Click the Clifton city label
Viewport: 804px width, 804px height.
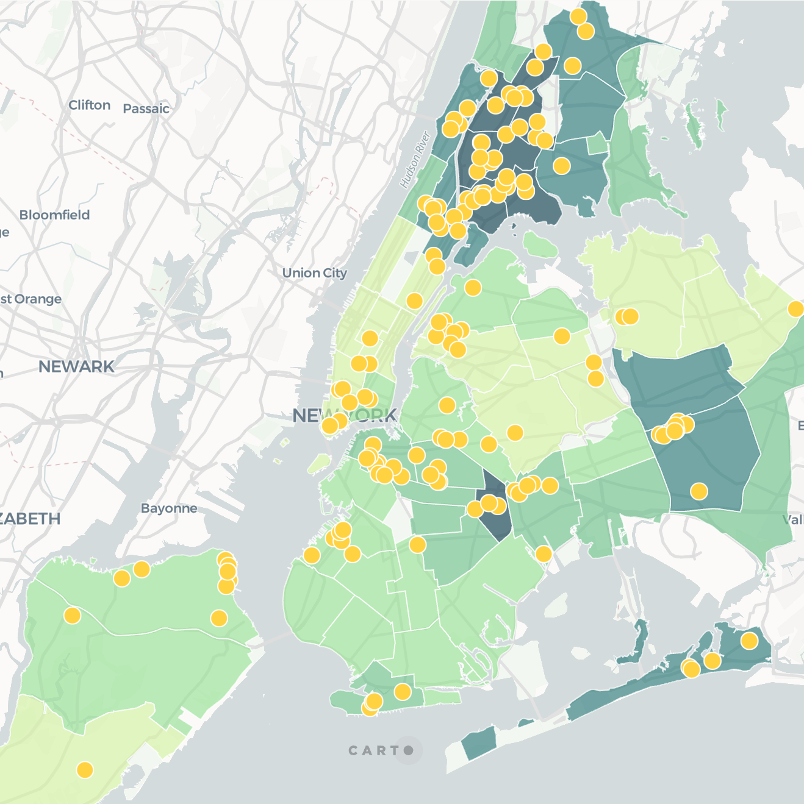[x=90, y=105]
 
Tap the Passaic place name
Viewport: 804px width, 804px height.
[x=146, y=109]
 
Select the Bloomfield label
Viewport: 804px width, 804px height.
[x=54, y=215]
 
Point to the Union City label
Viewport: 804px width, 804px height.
[x=314, y=273]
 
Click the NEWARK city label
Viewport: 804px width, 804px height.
[x=76, y=366]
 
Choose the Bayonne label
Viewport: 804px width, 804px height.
[x=169, y=508]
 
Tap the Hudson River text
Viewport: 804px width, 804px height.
[x=415, y=160]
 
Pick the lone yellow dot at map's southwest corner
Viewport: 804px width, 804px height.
[x=85, y=770]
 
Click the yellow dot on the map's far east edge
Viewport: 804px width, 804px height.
[x=795, y=309]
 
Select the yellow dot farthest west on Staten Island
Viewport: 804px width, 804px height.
[x=72, y=616]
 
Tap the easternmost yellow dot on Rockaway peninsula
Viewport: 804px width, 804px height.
[x=749, y=641]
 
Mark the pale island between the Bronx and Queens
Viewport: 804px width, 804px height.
[x=540, y=245]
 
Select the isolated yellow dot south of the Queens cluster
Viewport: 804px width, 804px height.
[x=699, y=491]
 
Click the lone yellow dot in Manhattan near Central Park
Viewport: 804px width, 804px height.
[x=414, y=301]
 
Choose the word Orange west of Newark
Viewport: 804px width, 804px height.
[x=38, y=299]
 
